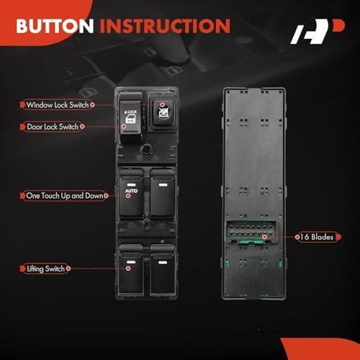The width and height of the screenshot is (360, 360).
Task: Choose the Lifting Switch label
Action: tap(45, 269)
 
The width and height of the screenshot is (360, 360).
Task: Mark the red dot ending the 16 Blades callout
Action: tap(265, 236)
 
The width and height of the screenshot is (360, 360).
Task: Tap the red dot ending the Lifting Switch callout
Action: tap(128, 269)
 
